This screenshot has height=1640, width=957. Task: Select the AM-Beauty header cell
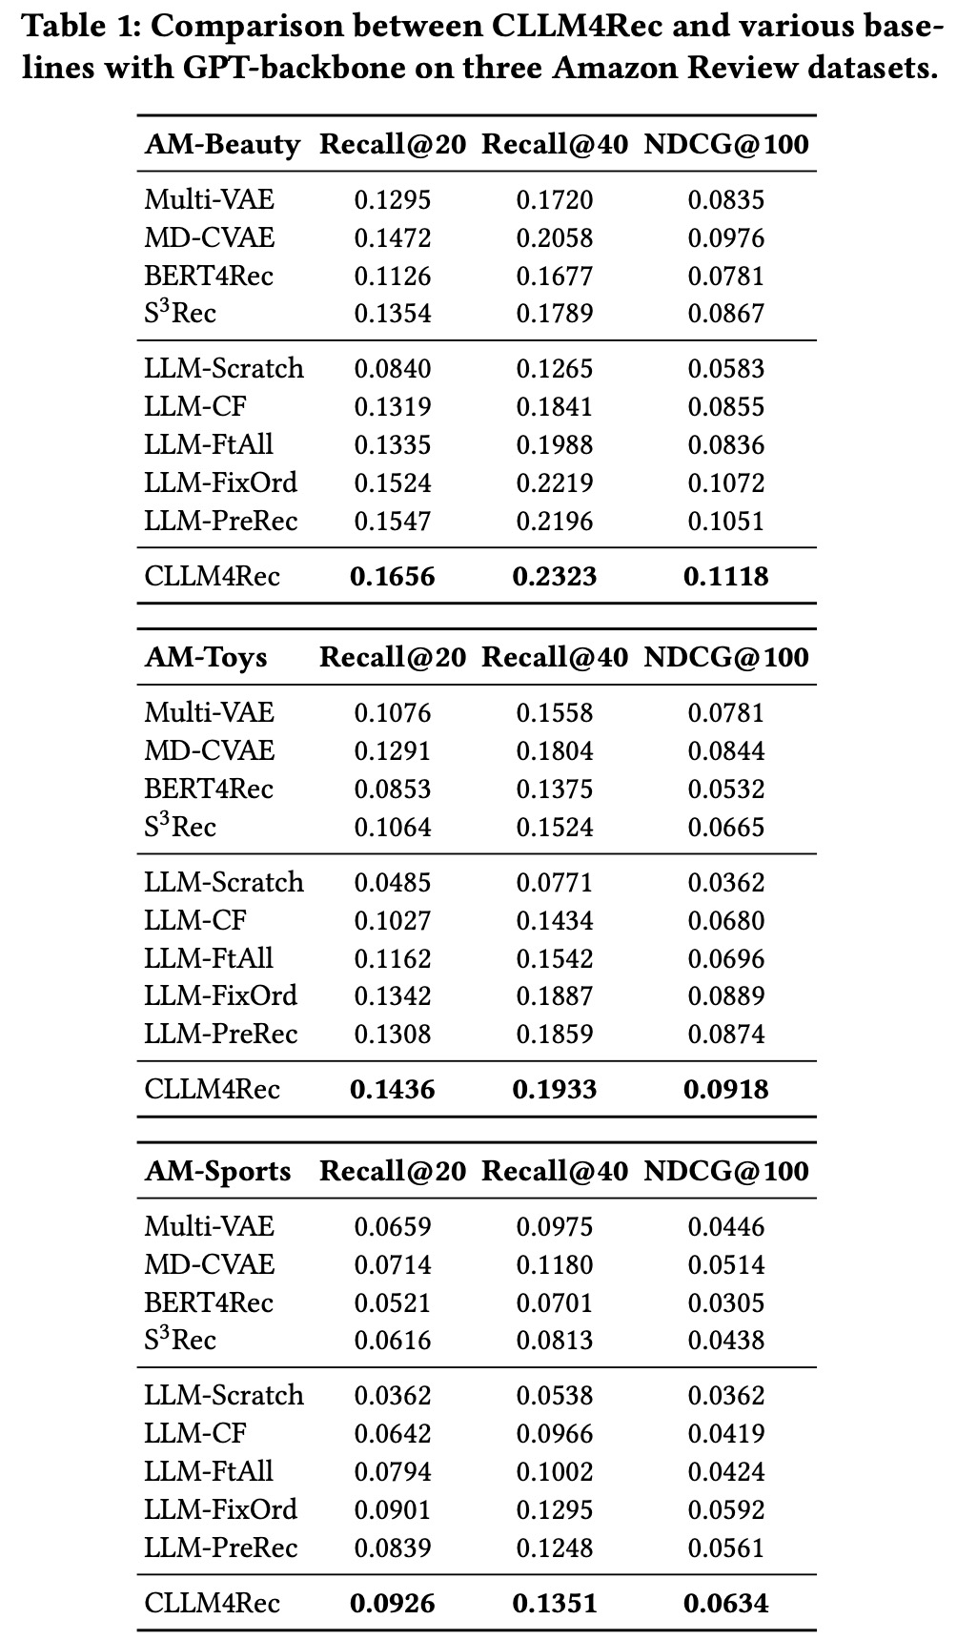click(x=222, y=144)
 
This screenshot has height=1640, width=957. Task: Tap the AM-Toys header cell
click(x=206, y=657)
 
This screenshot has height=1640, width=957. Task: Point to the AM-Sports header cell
click(x=217, y=1171)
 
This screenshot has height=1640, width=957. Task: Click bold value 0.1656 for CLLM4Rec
click(x=393, y=576)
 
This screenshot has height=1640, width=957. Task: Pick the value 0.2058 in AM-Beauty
click(x=555, y=237)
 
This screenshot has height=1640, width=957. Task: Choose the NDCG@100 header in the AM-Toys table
click(x=726, y=657)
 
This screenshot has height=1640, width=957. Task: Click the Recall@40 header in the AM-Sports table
click(x=555, y=1171)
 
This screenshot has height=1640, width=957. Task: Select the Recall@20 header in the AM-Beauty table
click(x=393, y=144)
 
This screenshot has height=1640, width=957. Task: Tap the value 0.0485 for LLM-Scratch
click(x=393, y=882)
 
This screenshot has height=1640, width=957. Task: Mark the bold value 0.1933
click(x=555, y=1089)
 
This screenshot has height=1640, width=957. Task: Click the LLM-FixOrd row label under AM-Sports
click(x=221, y=1509)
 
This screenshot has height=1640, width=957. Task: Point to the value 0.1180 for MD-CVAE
click(x=555, y=1264)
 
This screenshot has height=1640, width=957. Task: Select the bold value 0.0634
click(x=726, y=1603)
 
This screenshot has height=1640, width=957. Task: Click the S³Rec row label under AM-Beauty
click(x=180, y=314)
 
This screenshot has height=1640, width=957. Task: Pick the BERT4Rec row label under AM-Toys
click(x=209, y=789)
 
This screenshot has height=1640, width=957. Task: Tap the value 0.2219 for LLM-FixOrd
click(x=555, y=482)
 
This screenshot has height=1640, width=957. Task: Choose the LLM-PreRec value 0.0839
click(x=393, y=1548)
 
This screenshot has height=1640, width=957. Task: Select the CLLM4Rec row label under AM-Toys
click(x=213, y=1089)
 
